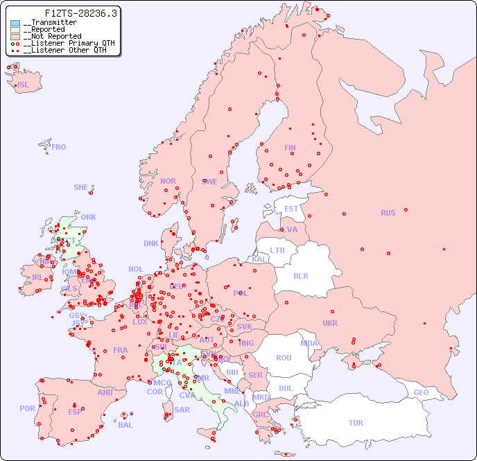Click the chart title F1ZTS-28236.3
[81, 13]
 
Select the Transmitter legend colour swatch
[15, 23]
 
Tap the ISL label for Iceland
[24, 85]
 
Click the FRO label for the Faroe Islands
[59, 147]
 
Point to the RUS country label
[388, 213]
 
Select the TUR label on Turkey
[356, 423]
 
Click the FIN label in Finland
[290, 148]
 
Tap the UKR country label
[329, 323]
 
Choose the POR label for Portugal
[27, 408]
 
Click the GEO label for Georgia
[421, 392]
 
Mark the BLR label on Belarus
[300, 275]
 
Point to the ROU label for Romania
[284, 358]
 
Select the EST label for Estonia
[291, 209]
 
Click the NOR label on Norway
[168, 181]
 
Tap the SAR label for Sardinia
[182, 410]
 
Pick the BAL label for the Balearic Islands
[125, 425]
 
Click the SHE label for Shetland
[81, 187]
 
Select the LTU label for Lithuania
[277, 250]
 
